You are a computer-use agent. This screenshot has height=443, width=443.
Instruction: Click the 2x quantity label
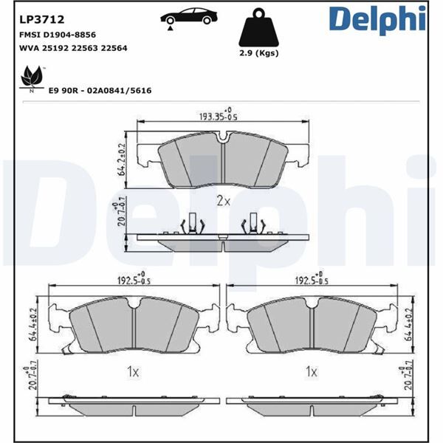[x=224, y=200]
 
